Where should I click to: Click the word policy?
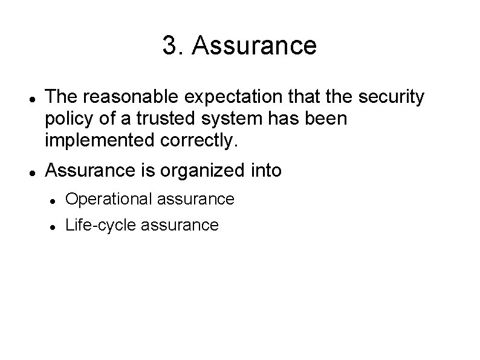pyautogui.click(x=66, y=119)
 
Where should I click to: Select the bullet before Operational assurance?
pyautogui.click(x=54, y=200)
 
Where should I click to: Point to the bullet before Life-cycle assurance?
pyautogui.click(x=54, y=226)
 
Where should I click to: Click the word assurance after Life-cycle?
pyautogui.click(x=179, y=225)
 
